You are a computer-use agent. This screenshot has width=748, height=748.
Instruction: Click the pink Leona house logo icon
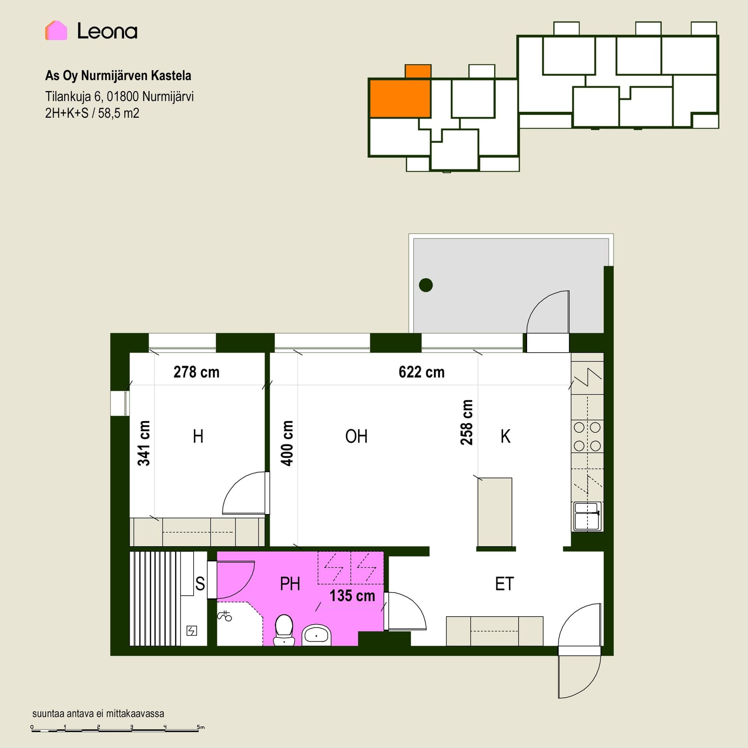pyautogui.click(x=56, y=30)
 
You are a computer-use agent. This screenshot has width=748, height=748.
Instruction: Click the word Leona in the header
pyautogui.click(x=107, y=31)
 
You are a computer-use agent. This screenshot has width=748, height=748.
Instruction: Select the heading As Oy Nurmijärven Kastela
pyautogui.click(x=118, y=76)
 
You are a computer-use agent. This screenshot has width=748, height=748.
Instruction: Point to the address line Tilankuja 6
pyautogui.click(x=119, y=96)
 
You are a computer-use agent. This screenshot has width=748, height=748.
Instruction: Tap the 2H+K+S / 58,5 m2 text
pyautogui.click(x=92, y=113)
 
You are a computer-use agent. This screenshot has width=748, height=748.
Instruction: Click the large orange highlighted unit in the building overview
pyautogui.click(x=400, y=98)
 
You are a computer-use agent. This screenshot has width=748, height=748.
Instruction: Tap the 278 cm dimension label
pyautogui.click(x=196, y=372)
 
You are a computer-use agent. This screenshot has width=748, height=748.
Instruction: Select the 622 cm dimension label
pyautogui.click(x=422, y=372)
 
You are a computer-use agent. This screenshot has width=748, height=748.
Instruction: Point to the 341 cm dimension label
pyautogui.click(x=144, y=443)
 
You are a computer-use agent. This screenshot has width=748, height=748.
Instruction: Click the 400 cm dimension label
pyautogui.click(x=287, y=443)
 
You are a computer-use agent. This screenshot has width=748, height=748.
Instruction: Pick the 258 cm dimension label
pyautogui.click(x=466, y=422)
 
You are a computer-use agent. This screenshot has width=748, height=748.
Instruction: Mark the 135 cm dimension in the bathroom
pyautogui.click(x=352, y=596)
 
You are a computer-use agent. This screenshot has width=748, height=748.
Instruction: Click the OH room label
pyautogui.click(x=356, y=436)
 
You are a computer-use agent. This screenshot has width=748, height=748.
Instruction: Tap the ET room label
pyautogui.click(x=505, y=584)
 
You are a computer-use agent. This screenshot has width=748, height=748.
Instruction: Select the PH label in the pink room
pyautogui.click(x=290, y=584)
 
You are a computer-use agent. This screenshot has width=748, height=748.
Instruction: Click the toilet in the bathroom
pyautogui.click(x=284, y=630)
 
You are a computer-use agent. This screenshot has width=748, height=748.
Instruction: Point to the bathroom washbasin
pyautogui.click(x=316, y=635)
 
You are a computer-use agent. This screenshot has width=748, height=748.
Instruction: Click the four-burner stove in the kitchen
pyautogui.click(x=587, y=436)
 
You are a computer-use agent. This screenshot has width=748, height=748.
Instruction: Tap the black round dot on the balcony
pyautogui.click(x=426, y=285)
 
